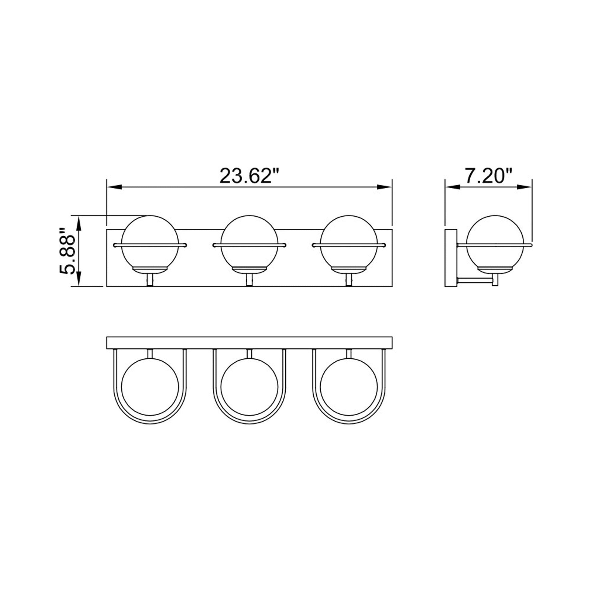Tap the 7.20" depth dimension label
[489, 176]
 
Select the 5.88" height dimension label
[67, 251]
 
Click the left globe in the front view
[150, 244]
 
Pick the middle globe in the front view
[249, 244]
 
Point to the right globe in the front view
[348, 244]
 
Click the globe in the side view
[495, 244]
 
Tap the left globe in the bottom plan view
[150, 387]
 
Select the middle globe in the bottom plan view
[249, 387]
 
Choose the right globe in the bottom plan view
[348, 387]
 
